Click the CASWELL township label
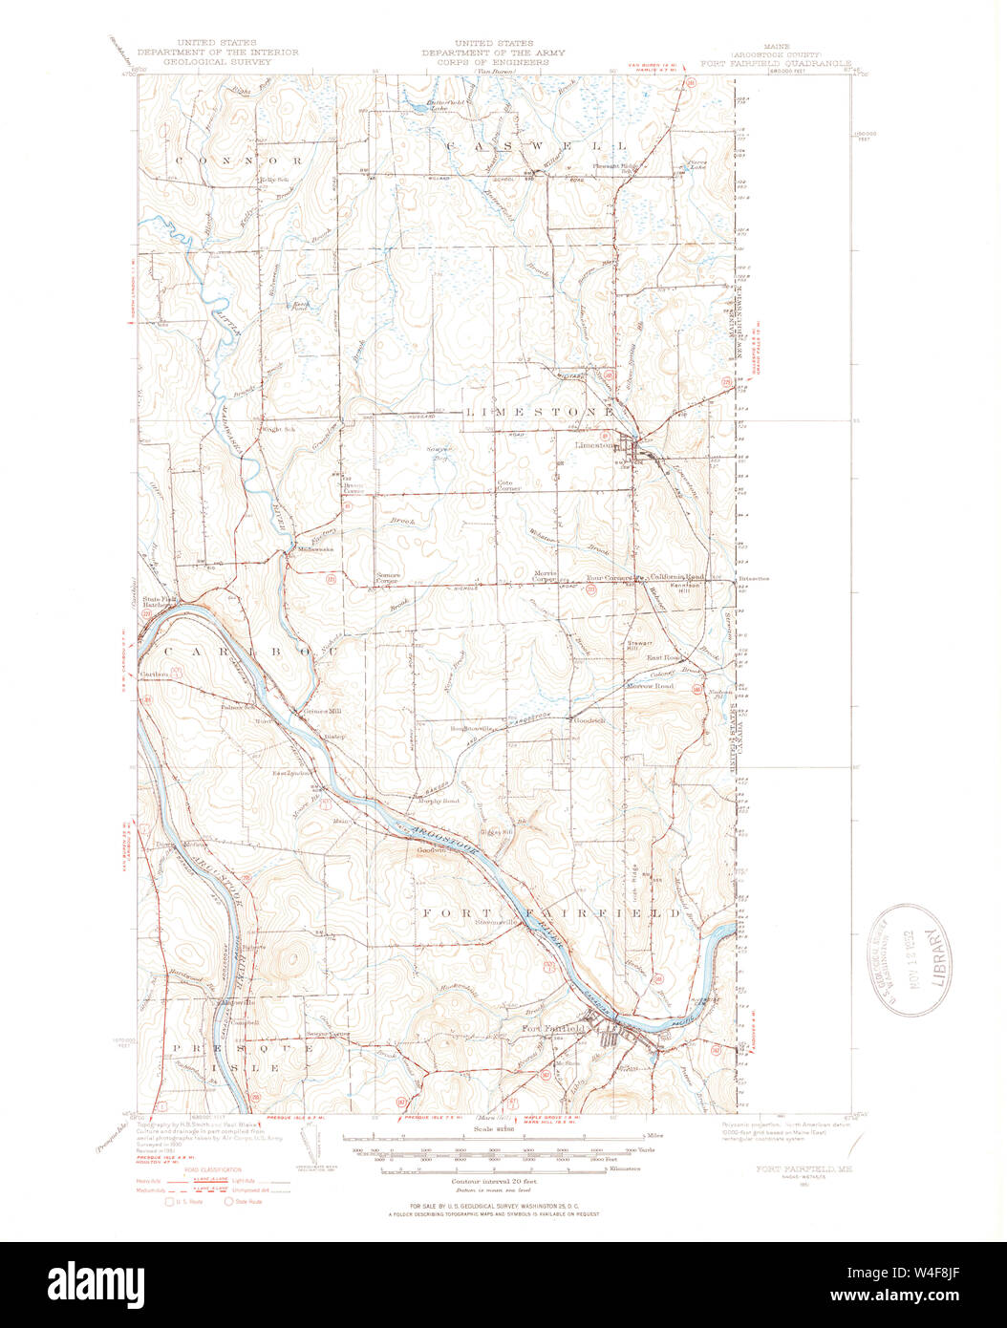point(535,146)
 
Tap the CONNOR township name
point(238,161)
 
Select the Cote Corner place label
point(507,485)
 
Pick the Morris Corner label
point(544,576)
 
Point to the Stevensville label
point(496,922)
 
